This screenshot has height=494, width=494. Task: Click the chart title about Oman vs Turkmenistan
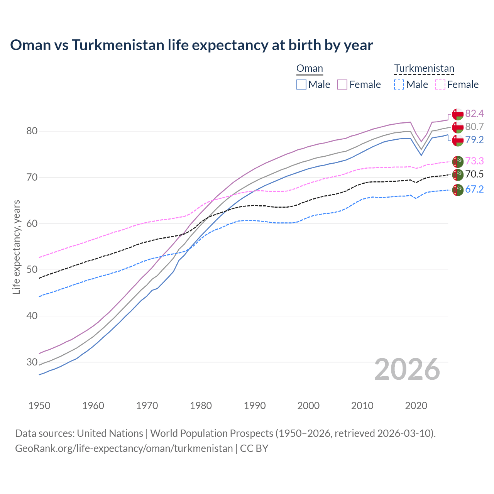[x=191, y=45]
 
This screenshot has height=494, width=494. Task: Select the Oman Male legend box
[x=301, y=85]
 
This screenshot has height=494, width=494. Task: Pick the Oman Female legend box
[x=342, y=85]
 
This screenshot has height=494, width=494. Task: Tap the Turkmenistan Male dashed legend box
[x=399, y=85]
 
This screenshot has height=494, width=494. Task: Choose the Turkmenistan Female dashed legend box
[x=440, y=85]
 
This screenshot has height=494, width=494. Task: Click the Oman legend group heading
[x=310, y=69]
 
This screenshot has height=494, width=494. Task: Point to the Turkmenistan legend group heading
[x=424, y=69]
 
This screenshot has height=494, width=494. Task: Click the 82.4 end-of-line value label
[x=474, y=113]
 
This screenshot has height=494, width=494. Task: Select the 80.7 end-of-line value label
[x=474, y=127]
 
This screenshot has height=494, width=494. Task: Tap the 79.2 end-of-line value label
[x=474, y=140]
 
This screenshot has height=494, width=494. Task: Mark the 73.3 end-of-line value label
[x=474, y=161]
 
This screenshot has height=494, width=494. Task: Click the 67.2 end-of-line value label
[x=474, y=189]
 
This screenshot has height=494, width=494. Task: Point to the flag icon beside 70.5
[x=458, y=175]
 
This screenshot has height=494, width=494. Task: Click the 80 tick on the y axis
[x=32, y=131]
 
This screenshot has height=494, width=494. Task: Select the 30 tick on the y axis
[x=32, y=362]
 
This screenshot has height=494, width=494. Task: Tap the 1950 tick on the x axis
[x=39, y=406]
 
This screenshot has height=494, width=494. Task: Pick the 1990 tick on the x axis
[x=255, y=406]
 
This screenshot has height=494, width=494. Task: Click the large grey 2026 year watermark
[x=407, y=369]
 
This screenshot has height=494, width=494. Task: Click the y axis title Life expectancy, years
[x=17, y=247]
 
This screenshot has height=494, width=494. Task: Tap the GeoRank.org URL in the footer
[x=124, y=448]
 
